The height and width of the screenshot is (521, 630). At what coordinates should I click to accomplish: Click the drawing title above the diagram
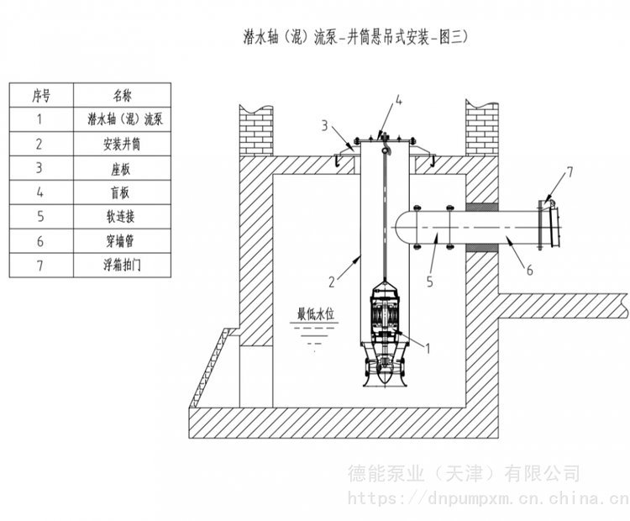(353, 36)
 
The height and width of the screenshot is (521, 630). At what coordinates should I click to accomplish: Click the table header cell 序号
(40, 95)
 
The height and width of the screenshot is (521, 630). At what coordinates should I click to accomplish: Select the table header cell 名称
(123, 95)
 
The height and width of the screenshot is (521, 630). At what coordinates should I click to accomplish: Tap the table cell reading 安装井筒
(123, 144)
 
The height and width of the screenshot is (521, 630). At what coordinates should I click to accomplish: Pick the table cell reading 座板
(123, 168)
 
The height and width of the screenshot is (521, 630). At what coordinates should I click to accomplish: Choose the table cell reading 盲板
(123, 192)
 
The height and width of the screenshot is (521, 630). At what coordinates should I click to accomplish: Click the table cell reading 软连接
(123, 217)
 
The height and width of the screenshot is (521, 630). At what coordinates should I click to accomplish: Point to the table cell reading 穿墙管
(123, 241)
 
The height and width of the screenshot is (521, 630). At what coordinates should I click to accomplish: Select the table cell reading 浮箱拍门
(123, 266)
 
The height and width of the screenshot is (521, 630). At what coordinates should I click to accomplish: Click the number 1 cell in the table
(40, 119)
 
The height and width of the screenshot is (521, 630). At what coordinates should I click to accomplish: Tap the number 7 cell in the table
(40, 266)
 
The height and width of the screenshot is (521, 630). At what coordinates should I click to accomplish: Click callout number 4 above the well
(399, 102)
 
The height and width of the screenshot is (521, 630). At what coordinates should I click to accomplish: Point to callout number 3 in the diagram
(323, 126)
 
